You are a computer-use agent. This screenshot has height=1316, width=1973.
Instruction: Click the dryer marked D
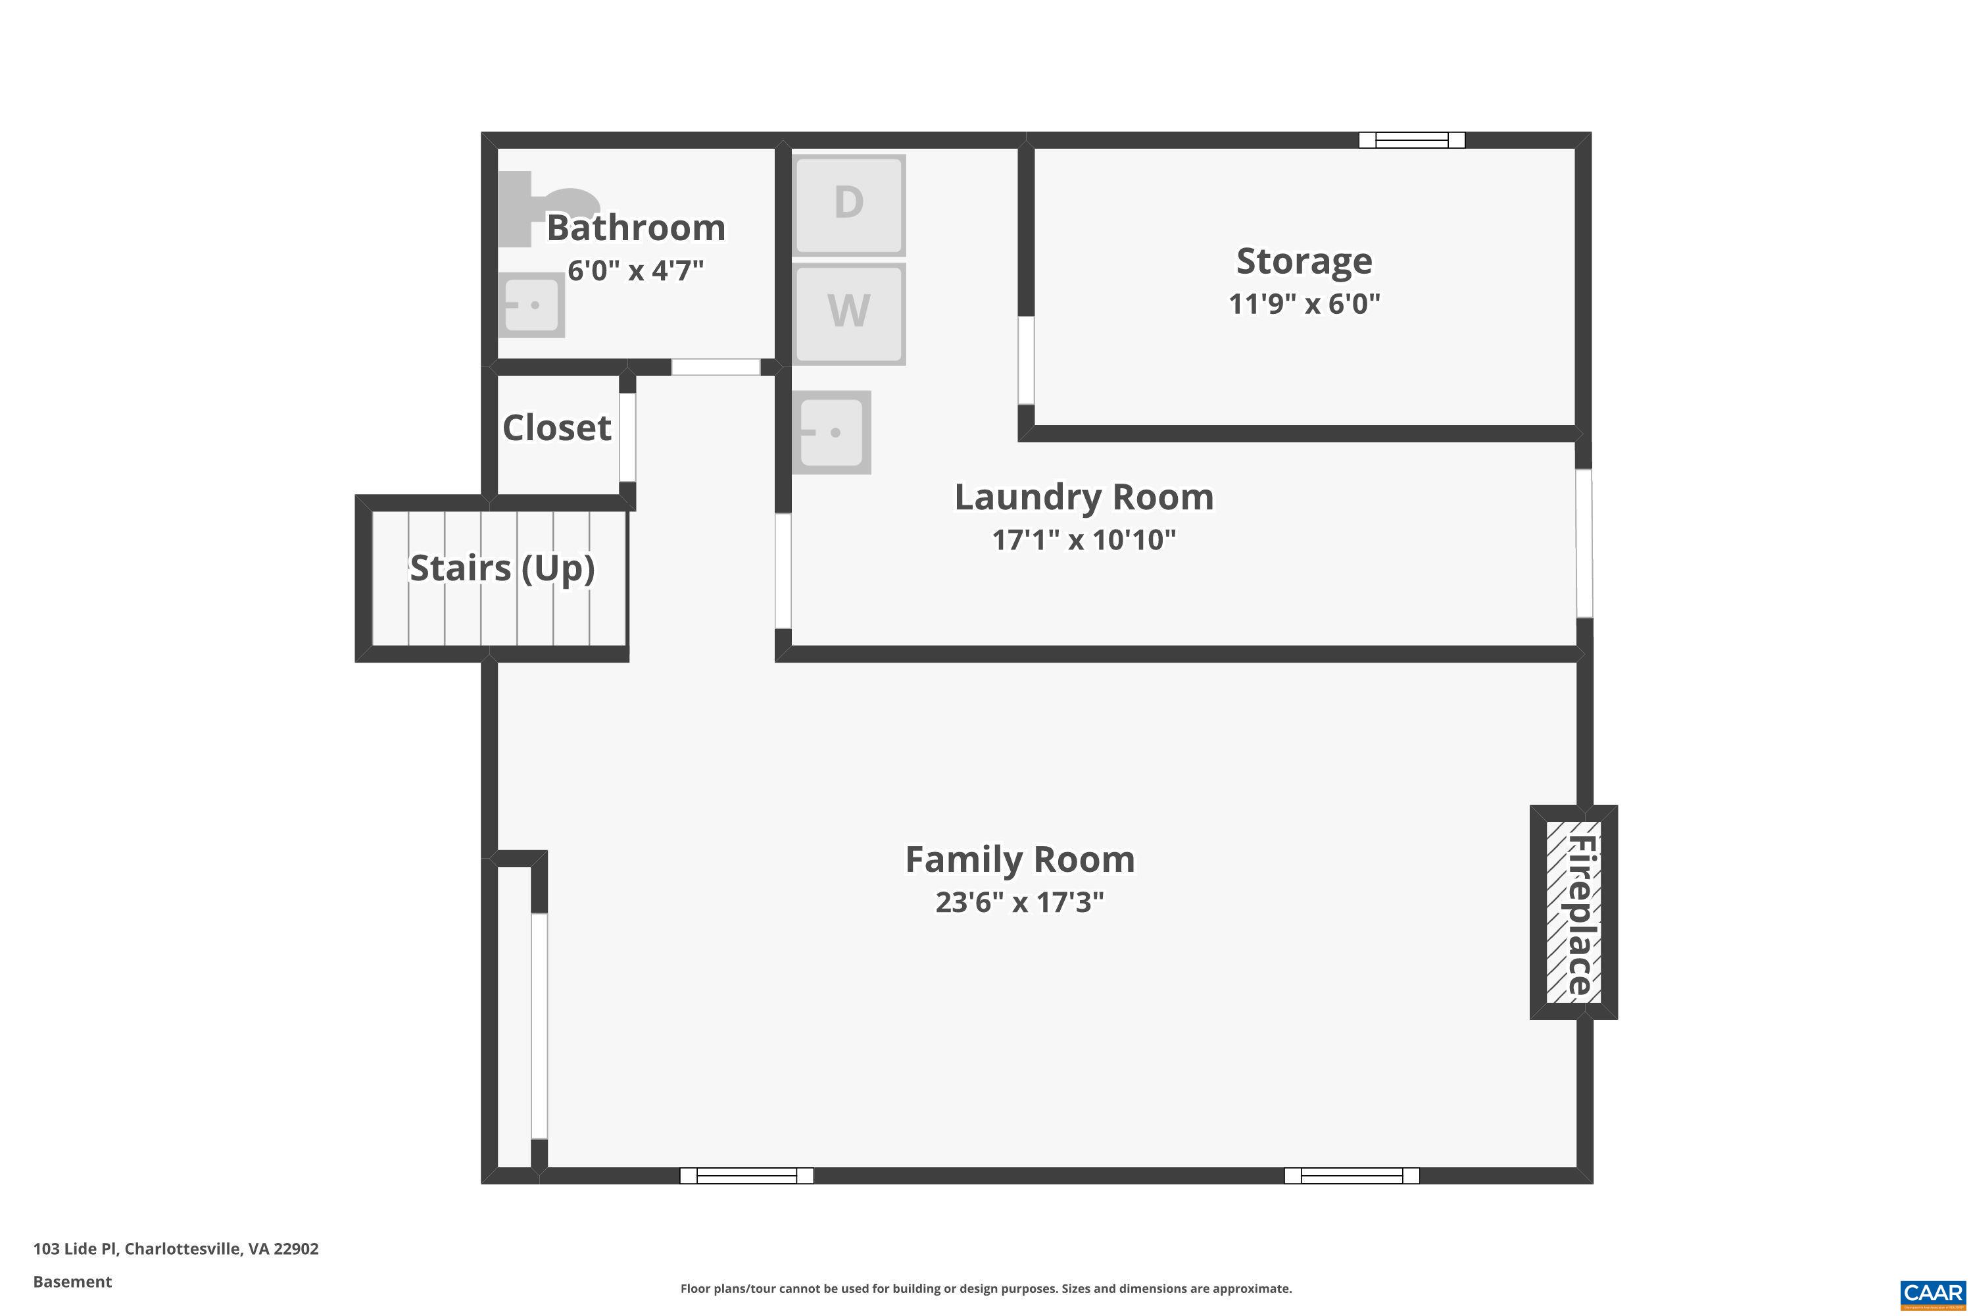tap(849, 205)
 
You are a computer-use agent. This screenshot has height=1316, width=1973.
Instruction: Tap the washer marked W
tap(849, 314)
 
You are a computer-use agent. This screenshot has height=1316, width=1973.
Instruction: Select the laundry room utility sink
tap(831, 432)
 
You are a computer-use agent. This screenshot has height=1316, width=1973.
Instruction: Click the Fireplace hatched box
tap(1574, 912)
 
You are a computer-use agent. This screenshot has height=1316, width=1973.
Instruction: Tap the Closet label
tap(557, 428)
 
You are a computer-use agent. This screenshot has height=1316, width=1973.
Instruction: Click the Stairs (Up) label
tap(502, 569)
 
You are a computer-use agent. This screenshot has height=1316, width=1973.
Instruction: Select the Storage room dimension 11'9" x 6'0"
tap(1304, 303)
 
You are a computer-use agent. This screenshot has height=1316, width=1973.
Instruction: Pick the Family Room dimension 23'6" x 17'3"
tap(1019, 902)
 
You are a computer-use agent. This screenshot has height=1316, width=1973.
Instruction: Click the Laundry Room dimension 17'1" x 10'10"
tap(1084, 540)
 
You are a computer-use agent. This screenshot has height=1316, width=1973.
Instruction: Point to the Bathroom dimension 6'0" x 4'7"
tap(636, 270)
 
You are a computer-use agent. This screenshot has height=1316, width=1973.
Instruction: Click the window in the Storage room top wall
tap(1412, 140)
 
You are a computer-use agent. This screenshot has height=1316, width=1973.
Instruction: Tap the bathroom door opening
tap(716, 367)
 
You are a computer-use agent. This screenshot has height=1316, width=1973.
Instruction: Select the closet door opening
tap(627, 438)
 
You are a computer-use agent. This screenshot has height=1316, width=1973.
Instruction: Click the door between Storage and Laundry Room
tap(1026, 361)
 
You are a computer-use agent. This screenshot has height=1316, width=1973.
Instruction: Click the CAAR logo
tap(1934, 1294)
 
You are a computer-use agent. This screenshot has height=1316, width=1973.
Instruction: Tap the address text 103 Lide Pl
tap(76, 1248)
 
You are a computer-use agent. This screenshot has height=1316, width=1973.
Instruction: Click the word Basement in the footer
tap(72, 1282)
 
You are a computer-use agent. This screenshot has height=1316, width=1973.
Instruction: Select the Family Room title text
tap(1020, 859)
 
